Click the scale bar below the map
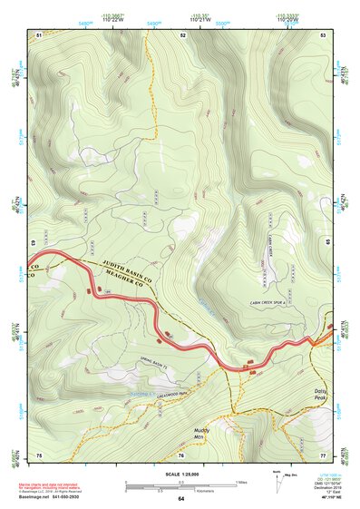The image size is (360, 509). pyautogui.click(x=180, y=488)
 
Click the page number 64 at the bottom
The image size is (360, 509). pyautogui.click(x=180, y=499)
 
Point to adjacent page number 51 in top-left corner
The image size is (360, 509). pyautogui.click(x=39, y=34)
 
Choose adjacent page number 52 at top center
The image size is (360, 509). pyautogui.click(x=182, y=34)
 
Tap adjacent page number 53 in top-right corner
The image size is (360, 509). pyautogui.click(x=323, y=34)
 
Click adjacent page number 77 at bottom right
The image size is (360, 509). pyautogui.click(x=323, y=454)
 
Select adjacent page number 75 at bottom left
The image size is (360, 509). pyautogui.click(x=39, y=454)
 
